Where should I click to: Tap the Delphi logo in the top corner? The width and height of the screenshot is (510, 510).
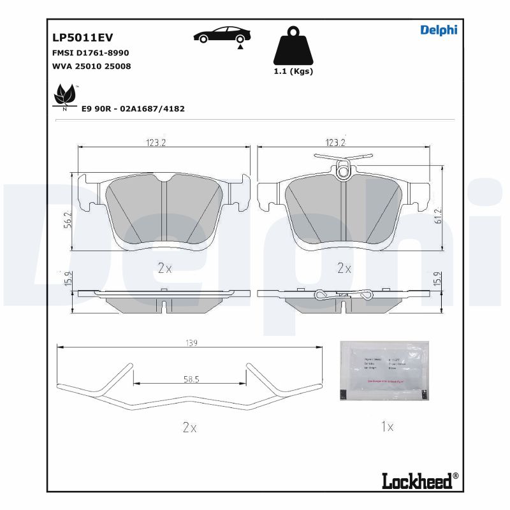pyautogui.click(x=439, y=30)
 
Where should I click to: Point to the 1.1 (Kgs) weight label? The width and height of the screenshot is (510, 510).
pyautogui.click(x=293, y=71)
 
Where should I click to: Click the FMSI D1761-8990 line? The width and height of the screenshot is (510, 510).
pyautogui.click(x=90, y=53)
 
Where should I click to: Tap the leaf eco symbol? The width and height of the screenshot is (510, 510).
pyautogui.click(x=64, y=96)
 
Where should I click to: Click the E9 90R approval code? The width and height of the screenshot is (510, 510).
pyautogui.click(x=133, y=109)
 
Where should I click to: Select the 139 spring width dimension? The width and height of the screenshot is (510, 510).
pyautogui.click(x=191, y=343)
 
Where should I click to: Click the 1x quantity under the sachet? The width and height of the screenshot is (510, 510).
pyautogui.click(x=386, y=427)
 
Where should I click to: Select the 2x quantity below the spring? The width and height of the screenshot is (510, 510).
pyautogui.click(x=189, y=428)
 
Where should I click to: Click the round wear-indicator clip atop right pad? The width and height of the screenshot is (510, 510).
pyautogui.click(x=344, y=171)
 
